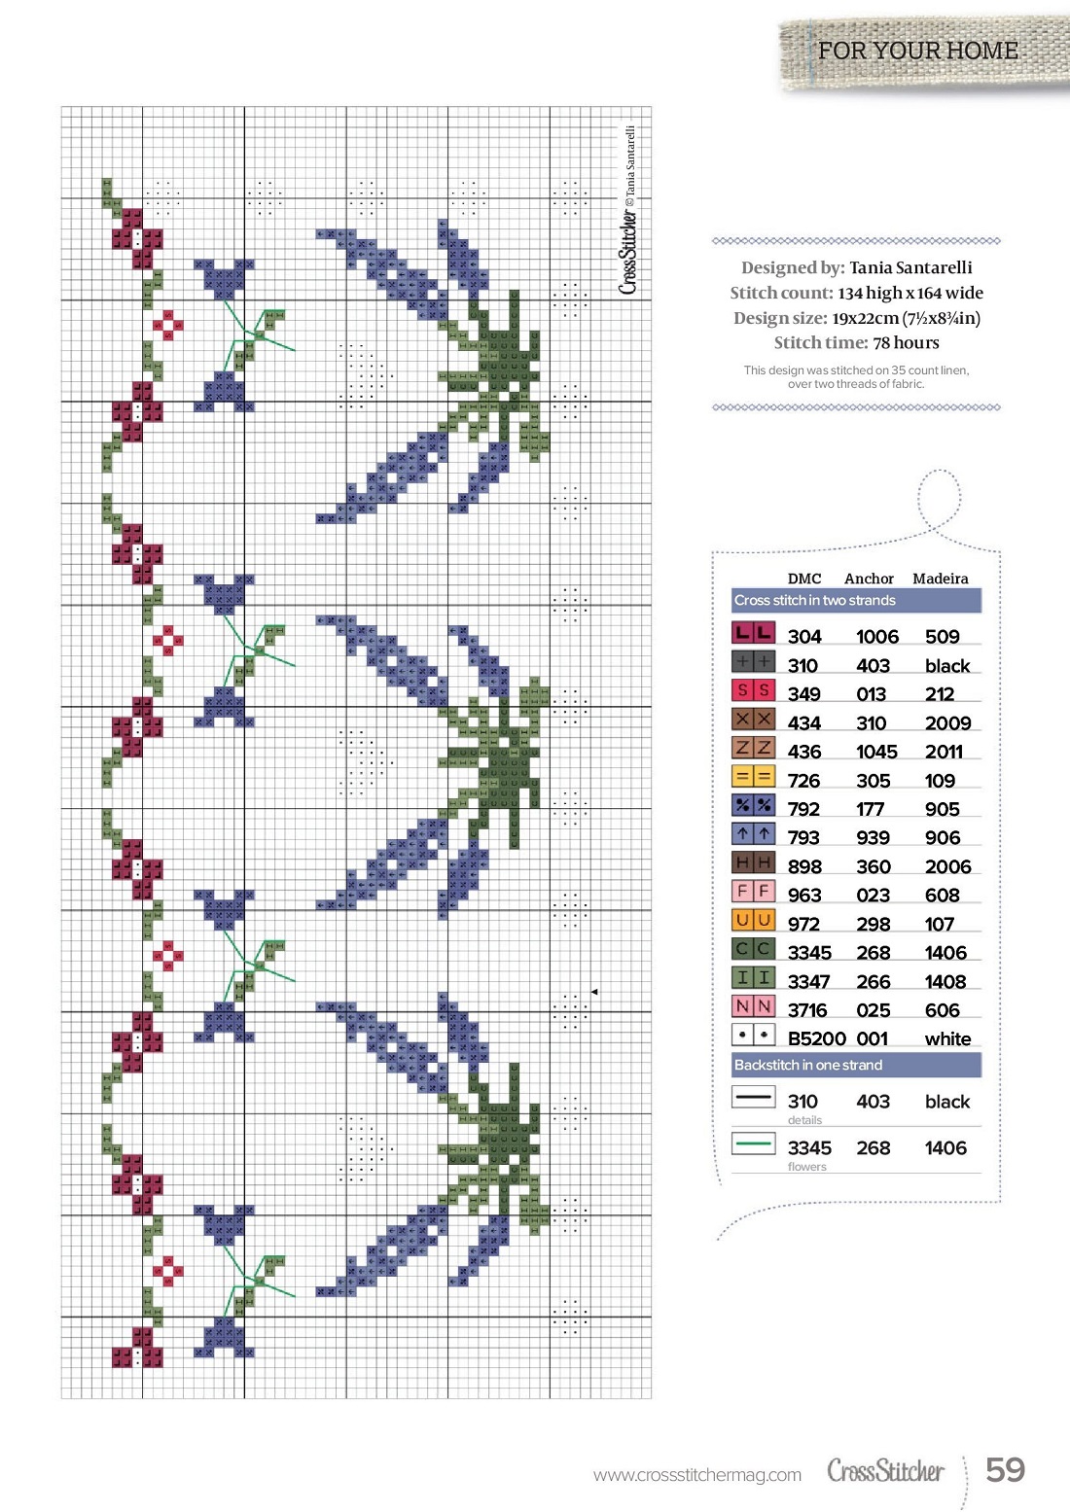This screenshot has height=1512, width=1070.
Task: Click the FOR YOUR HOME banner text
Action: click(917, 51)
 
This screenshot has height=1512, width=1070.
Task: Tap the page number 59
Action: click(1005, 1469)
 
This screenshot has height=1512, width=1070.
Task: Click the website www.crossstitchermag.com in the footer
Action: click(697, 1475)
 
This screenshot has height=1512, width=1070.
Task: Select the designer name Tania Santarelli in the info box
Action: click(910, 267)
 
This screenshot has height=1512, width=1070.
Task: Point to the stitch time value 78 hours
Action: click(906, 342)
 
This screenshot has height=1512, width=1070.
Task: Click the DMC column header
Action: click(804, 579)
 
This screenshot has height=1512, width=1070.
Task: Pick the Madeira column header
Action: click(940, 579)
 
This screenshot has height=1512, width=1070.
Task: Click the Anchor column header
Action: click(869, 579)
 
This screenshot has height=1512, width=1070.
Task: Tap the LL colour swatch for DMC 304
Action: click(753, 634)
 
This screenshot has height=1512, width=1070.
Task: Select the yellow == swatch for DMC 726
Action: click(753, 778)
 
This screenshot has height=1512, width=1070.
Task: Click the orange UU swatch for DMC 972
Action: click(753, 921)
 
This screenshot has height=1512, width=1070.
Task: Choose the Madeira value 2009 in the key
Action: click(947, 723)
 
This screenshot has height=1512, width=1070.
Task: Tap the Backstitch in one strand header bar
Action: click(856, 1065)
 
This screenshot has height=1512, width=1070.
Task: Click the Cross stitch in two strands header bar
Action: click(856, 601)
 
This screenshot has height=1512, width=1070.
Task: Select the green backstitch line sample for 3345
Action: click(753, 1143)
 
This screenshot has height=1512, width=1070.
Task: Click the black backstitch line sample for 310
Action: click(753, 1098)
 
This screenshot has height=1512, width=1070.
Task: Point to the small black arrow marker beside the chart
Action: click(594, 992)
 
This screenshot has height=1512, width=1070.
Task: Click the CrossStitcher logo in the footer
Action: click(885, 1471)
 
